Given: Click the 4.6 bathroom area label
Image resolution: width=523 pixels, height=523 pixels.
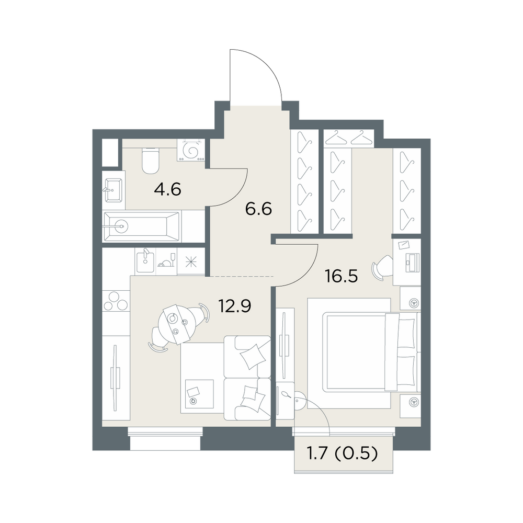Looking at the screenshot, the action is tap(167, 190).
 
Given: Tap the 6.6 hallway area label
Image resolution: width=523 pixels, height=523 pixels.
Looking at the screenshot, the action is tap(258, 209).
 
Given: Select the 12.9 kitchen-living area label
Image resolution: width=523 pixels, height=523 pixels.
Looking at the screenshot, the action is tap(234, 306).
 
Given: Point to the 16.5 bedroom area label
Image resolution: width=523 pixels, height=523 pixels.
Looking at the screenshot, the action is tap(342, 276).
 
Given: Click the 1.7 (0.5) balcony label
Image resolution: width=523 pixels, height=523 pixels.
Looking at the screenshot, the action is tap(342, 453).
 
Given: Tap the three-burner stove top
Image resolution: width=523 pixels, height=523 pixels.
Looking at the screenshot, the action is tap(116, 301).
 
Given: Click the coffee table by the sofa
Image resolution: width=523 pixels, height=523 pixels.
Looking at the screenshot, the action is tap(197, 394).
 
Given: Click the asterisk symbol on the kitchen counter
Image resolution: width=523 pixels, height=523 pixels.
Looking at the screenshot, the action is tap(191, 262).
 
